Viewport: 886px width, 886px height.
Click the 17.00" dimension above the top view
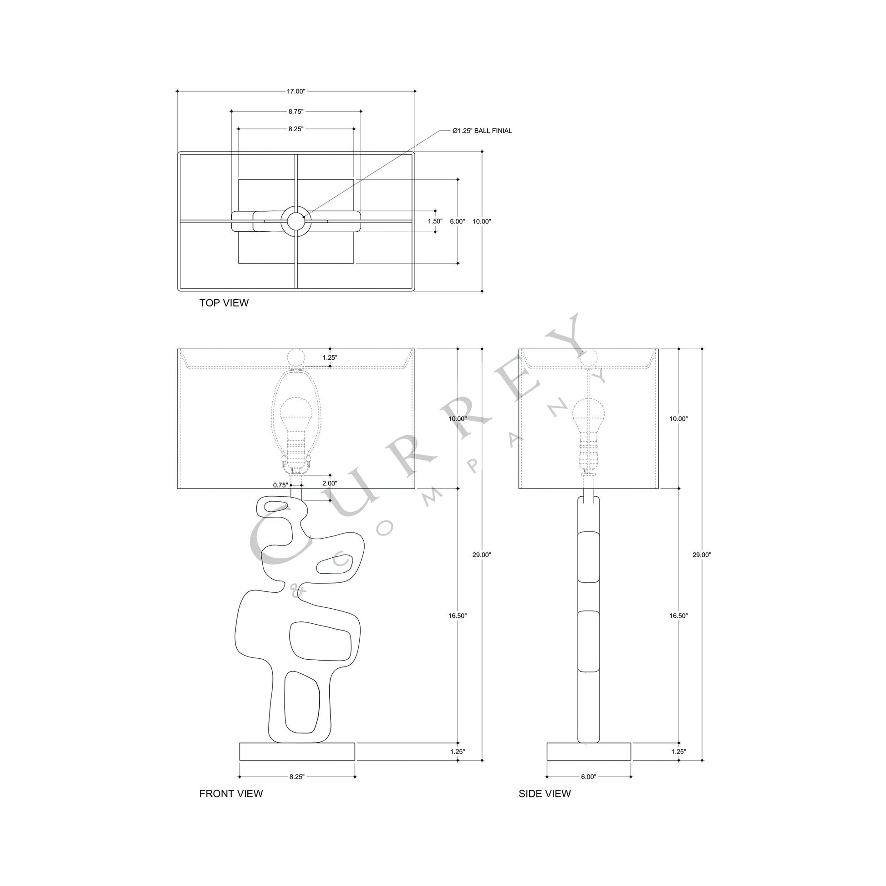click(x=296, y=91)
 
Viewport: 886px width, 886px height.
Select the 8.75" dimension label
click(x=296, y=112)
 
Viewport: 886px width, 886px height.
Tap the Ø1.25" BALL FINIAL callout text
click(x=482, y=131)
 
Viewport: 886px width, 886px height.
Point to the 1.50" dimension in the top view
click(x=435, y=221)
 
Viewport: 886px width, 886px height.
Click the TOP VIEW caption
click(x=224, y=303)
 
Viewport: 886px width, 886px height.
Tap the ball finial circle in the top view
click(x=296, y=221)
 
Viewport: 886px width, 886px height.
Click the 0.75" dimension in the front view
click(x=280, y=485)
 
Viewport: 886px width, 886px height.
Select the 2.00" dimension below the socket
click(x=329, y=483)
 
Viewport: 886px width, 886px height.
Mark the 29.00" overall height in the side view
click(x=702, y=555)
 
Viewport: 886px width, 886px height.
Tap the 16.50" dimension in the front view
click(x=457, y=616)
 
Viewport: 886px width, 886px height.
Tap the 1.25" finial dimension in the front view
click(x=330, y=358)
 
